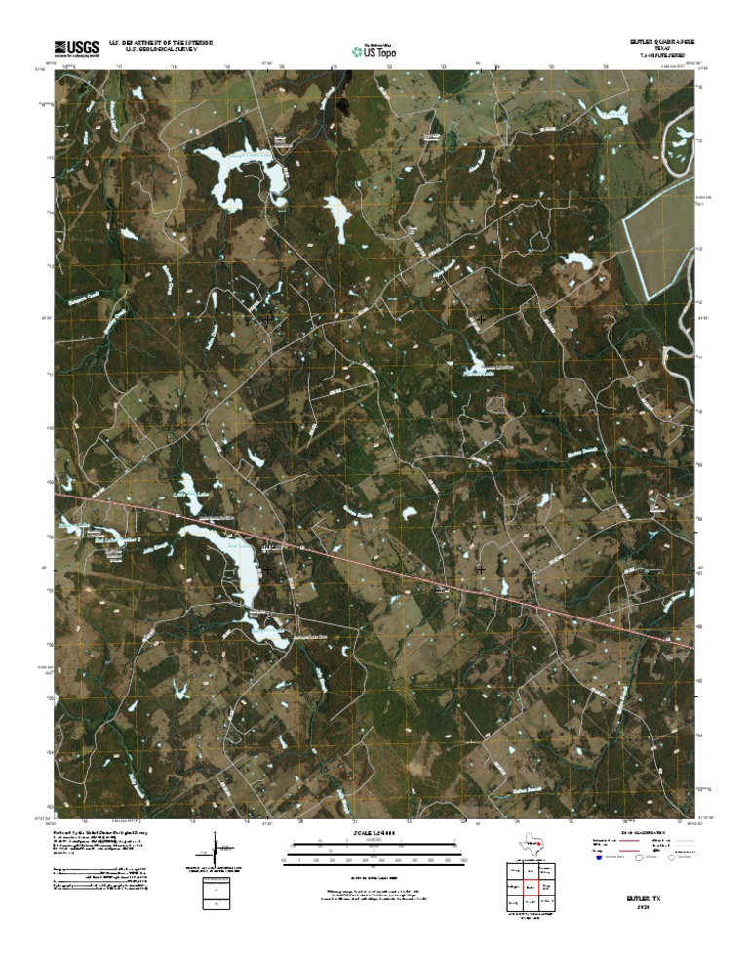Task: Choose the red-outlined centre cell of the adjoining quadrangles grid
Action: coord(532,888)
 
